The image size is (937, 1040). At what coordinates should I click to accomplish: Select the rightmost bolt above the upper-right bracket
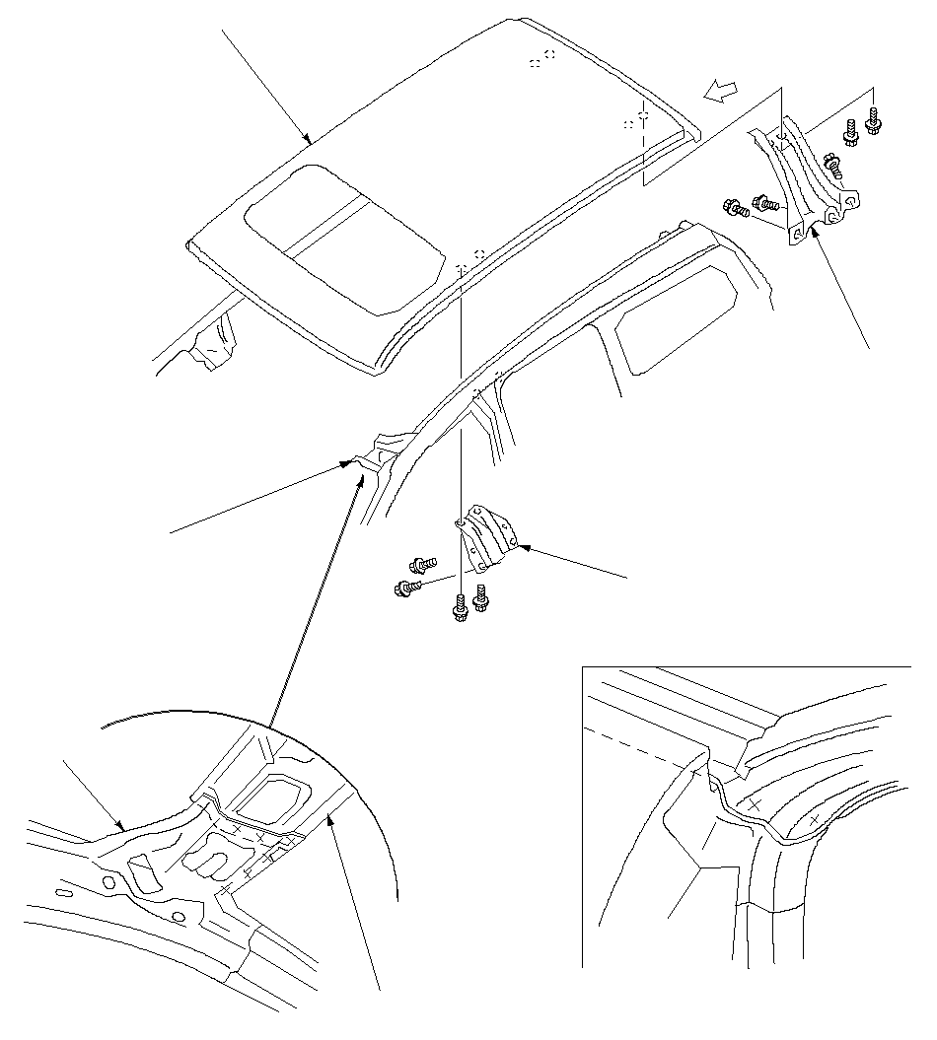873,122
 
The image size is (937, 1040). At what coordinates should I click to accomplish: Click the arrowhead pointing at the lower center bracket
524,544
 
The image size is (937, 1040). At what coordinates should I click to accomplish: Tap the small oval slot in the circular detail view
64,893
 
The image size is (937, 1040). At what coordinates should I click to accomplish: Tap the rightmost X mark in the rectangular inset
815,818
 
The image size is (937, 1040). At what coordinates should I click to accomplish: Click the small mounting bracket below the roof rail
489,537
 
